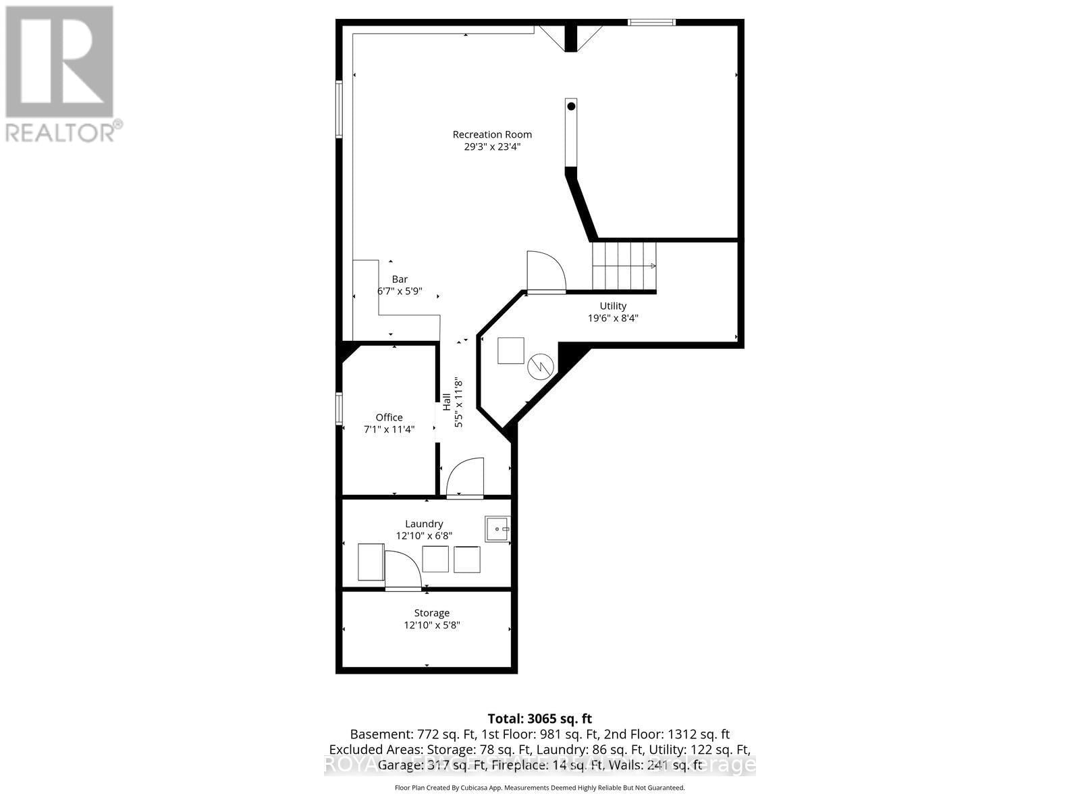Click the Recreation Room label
point(492,134)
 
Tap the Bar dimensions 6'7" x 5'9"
point(400,291)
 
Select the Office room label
point(389,417)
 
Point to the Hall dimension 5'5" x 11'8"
point(459,403)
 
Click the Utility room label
point(613,306)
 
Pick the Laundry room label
point(424,524)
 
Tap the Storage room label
point(431,613)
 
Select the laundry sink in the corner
point(497,529)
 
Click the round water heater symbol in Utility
point(541,367)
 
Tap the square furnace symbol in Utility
point(511,350)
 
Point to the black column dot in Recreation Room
point(571,106)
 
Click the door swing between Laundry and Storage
point(402,570)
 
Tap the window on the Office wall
point(340,409)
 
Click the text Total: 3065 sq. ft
point(539,719)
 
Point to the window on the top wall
point(651,23)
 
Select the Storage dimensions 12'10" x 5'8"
point(431,625)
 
